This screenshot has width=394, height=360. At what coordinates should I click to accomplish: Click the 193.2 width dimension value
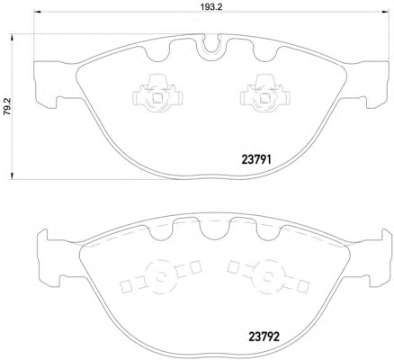coord(211,7)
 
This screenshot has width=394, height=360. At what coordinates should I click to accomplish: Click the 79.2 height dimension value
coord(7,106)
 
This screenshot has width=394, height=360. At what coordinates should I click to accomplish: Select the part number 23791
coord(256,160)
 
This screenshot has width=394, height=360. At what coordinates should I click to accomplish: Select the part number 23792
coord(264,337)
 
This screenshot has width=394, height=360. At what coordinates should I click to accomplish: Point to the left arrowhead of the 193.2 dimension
coord(37,12)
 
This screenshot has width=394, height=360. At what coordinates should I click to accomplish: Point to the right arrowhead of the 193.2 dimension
coord(386,12)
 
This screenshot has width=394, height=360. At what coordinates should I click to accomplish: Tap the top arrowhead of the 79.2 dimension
coord(13,38)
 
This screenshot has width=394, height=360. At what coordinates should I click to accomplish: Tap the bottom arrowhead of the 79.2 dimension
coord(13,175)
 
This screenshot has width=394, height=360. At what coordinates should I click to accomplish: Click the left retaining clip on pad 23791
coord(157,94)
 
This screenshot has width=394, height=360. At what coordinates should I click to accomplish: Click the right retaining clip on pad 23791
coord(265,94)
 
